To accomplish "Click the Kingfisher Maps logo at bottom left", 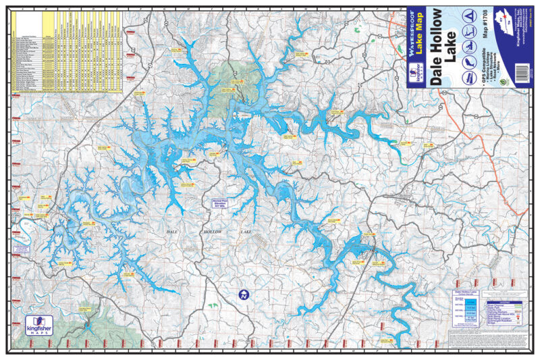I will coord(39,325).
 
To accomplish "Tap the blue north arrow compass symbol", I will coord(243,294).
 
